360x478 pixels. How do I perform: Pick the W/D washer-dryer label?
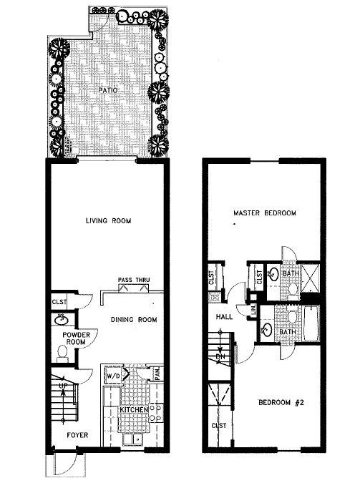114,374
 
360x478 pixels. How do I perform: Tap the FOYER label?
77,434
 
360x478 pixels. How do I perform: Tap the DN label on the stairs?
221,355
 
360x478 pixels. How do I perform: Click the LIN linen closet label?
253,309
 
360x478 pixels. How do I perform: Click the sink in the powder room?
61,319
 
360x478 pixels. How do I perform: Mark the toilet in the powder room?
62,352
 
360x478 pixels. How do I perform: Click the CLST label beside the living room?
59,303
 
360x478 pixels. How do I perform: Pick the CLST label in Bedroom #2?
218,426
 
